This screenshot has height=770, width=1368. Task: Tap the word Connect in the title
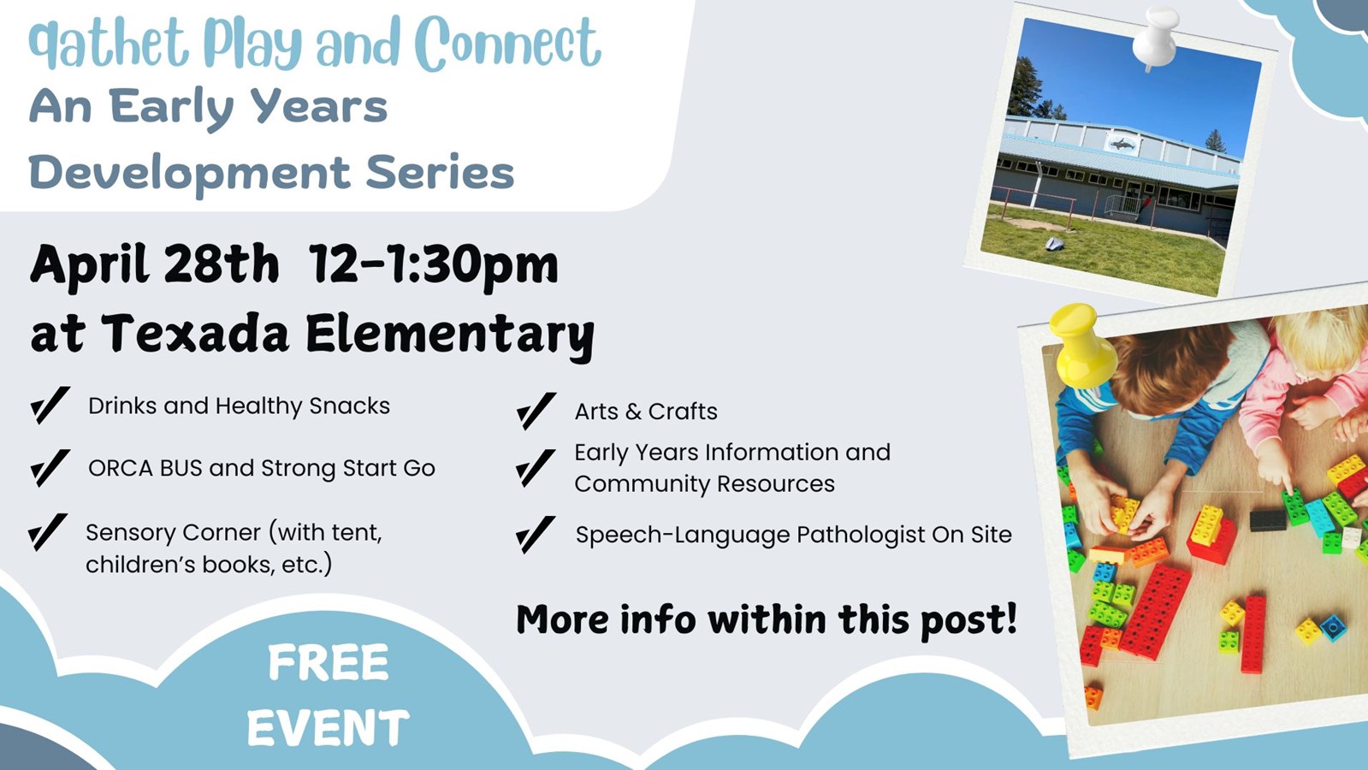pyautogui.click(x=507, y=42)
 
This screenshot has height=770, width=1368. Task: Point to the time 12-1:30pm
pyautogui.click(x=434, y=266)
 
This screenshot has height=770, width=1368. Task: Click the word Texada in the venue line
pyautogui.click(x=195, y=334)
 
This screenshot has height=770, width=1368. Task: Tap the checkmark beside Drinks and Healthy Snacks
pyautogui.click(x=50, y=405)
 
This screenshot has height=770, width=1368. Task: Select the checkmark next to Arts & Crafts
pyautogui.click(x=536, y=411)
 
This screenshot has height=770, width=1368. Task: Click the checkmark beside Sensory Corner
pyautogui.click(x=48, y=532)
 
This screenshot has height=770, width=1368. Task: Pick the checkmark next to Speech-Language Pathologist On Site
pyautogui.click(x=536, y=535)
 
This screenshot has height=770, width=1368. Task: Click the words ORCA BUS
pyautogui.click(x=145, y=468)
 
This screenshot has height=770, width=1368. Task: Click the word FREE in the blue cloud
pyautogui.click(x=329, y=663)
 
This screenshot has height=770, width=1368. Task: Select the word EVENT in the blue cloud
pyautogui.click(x=328, y=727)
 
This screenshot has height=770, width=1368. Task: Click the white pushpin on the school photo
pyautogui.click(x=1155, y=38)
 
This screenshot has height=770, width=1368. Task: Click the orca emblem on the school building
pyautogui.click(x=1122, y=144)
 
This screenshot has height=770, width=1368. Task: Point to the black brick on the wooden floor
pyautogui.click(x=1267, y=520)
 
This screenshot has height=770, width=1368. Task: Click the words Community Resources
pyautogui.click(x=704, y=484)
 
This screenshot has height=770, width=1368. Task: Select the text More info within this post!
pyautogui.click(x=767, y=620)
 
